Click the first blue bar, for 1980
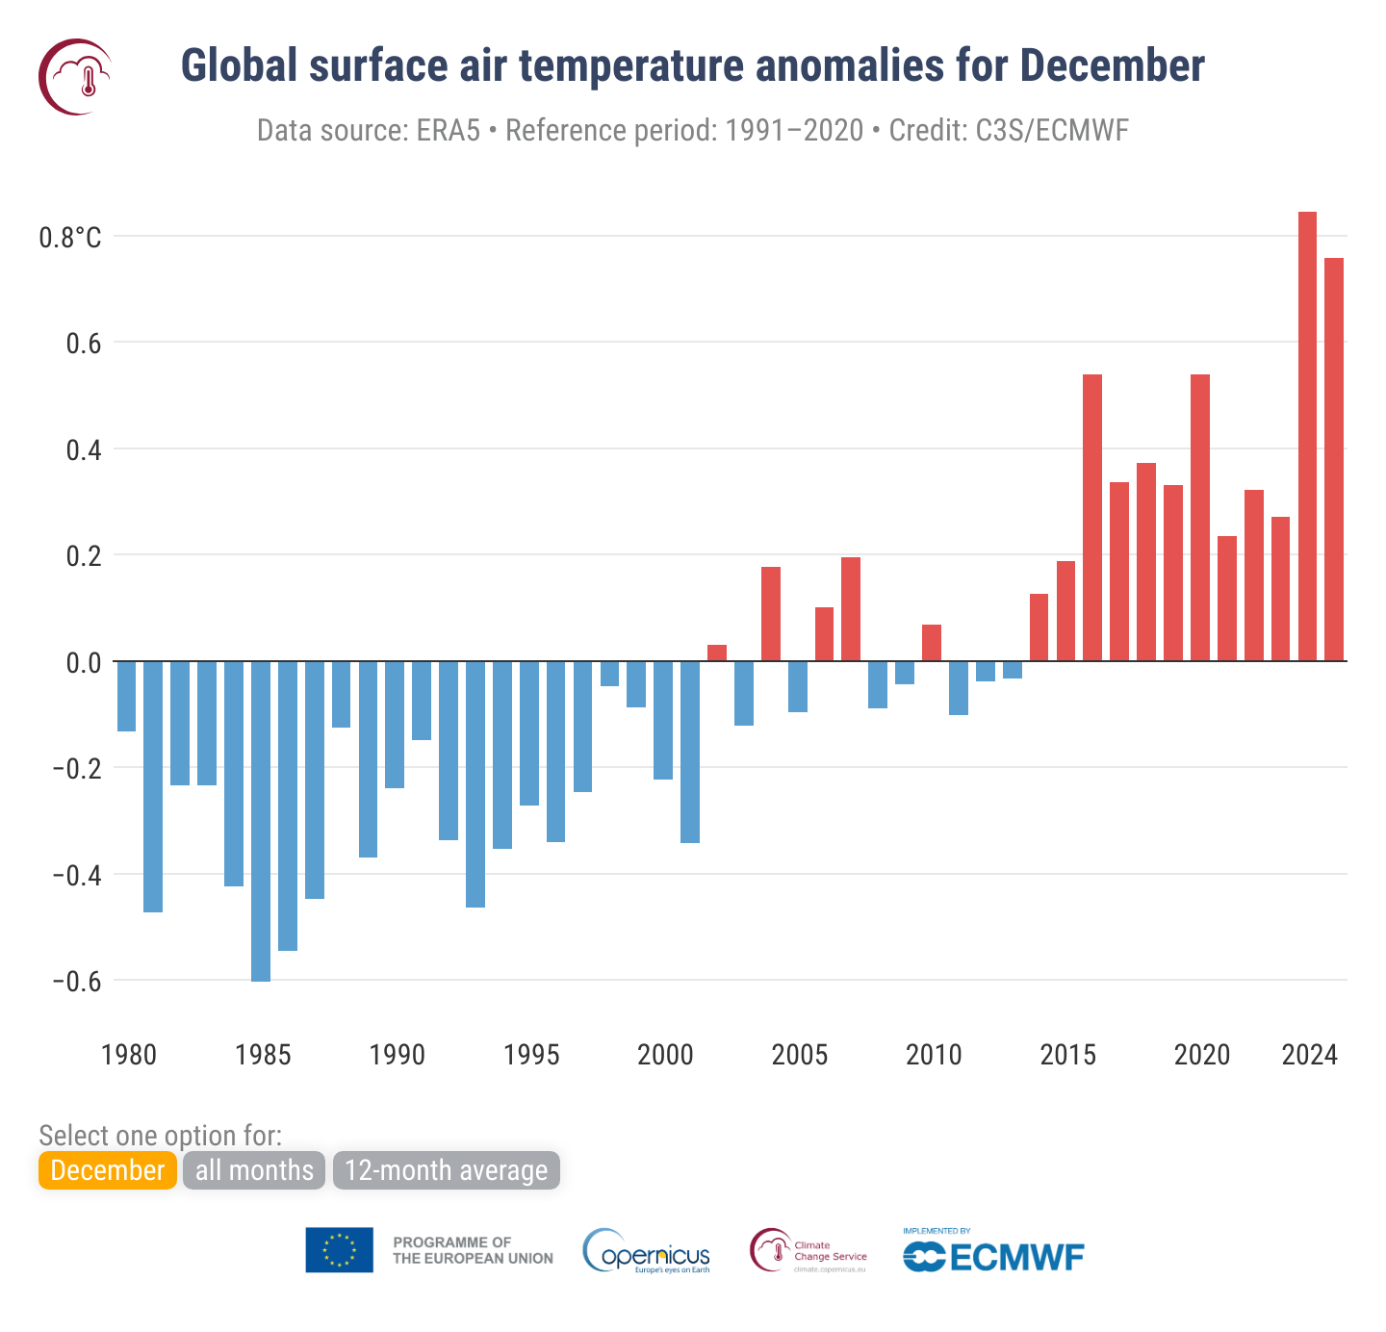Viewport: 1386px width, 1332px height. click(126, 696)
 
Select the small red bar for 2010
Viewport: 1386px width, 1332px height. click(932, 643)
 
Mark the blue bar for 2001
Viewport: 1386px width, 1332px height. click(690, 752)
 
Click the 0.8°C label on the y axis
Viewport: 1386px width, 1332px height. click(69, 238)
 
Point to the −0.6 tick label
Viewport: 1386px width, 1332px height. click(76, 982)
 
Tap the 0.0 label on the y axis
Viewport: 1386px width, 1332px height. click(83, 662)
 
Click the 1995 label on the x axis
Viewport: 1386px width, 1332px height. click(531, 1055)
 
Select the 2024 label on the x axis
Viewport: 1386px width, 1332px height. click(1309, 1055)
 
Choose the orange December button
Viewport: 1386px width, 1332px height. click(108, 1170)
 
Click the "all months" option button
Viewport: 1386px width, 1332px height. click(254, 1170)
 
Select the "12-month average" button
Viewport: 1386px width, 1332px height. click(446, 1170)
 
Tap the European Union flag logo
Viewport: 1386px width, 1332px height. click(339, 1250)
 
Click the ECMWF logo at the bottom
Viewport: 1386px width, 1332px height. click(993, 1256)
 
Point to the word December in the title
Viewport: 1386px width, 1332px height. click(1112, 66)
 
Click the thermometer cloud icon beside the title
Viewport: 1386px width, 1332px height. click(76, 77)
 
